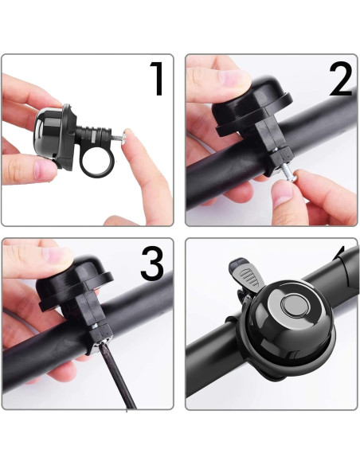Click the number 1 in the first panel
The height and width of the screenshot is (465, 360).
(156, 79)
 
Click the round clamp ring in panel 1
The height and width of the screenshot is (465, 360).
(98, 158)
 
